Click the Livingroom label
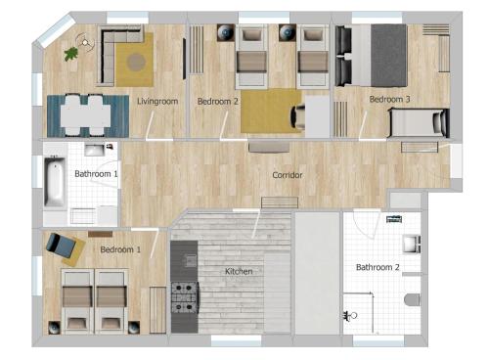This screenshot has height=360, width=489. pos(157,102)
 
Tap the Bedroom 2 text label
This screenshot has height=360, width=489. pos(218,102)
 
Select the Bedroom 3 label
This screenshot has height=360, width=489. pos(389,99)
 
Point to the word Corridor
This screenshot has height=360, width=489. pos(288,175)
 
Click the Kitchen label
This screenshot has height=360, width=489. pos(239,271)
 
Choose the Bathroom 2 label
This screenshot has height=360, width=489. pos(378,267)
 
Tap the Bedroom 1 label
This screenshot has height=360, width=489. pos(120,249)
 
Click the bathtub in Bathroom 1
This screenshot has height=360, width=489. pos(55,182)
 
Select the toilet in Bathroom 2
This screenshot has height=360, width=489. pos(413,300)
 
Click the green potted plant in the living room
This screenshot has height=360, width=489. pos(71,54)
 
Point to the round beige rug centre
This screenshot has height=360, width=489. pos(136,62)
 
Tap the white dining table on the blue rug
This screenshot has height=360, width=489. pos(86,115)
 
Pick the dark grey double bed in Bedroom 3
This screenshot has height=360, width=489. pos(372,56)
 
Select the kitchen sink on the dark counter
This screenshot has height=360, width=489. pos(190,260)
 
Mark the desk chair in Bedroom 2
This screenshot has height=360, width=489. pos(298,116)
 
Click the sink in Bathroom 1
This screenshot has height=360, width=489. pos(95,150)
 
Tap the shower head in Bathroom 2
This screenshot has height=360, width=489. pos(350,315)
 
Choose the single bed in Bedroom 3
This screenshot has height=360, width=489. pos(419,122)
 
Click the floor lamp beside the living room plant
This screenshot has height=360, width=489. pos(85,42)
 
